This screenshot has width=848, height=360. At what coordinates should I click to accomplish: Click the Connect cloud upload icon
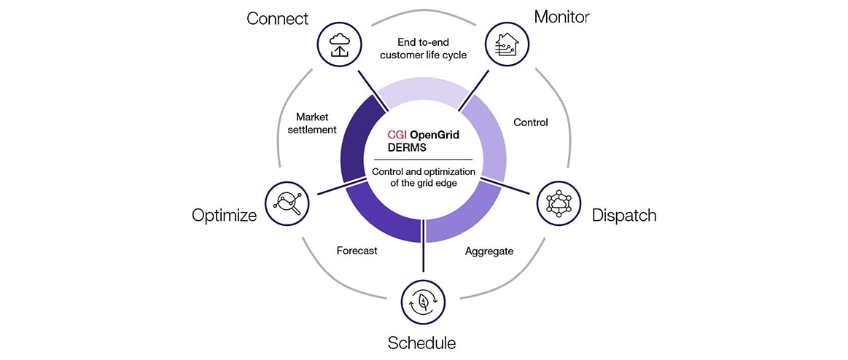[341, 44]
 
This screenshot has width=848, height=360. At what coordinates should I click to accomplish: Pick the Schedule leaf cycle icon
[424, 302]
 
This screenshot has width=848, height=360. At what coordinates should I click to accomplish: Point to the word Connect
[278, 17]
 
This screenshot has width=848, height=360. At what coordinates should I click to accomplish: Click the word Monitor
[562, 16]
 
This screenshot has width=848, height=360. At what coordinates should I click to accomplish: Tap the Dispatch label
[624, 215]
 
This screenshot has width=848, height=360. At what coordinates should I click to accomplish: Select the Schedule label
[422, 343]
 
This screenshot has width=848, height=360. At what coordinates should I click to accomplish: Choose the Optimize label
[225, 215]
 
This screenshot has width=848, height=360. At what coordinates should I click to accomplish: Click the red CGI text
[397, 135]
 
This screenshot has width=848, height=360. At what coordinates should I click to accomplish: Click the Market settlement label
[316, 123]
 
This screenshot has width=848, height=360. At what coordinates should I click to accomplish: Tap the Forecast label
[357, 251]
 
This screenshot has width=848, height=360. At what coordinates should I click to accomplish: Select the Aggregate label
[489, 251]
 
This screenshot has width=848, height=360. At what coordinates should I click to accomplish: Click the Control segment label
[531, 122]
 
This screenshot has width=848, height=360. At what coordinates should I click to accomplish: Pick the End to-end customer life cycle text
[424, 48]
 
